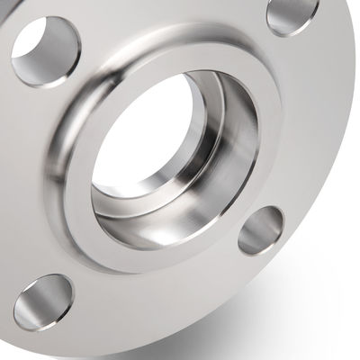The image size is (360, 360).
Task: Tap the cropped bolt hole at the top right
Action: coord(293,16)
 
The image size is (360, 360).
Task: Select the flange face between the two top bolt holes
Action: coord(171,27)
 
